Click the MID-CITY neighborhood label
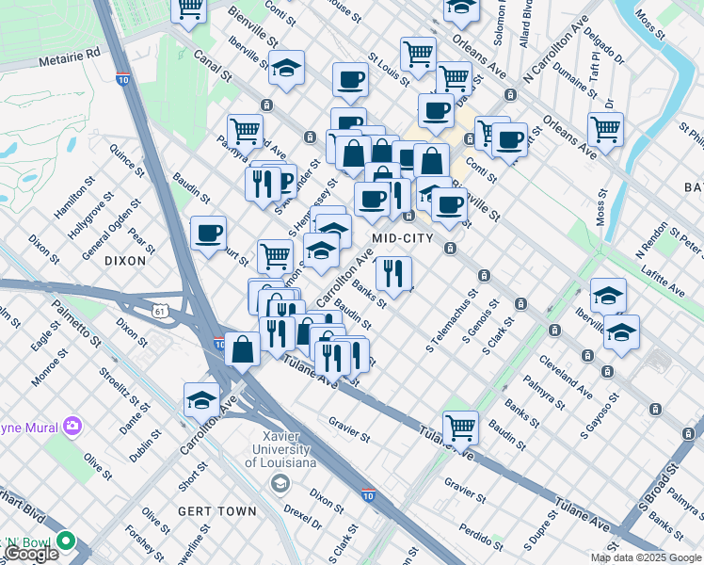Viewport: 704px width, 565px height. pos(402,238)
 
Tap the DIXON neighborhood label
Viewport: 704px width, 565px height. pos(125,260)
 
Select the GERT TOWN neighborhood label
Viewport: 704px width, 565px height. pos(217,511)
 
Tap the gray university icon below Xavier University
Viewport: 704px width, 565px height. pos(280,484)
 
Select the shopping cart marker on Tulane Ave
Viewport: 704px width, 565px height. pos(460,427)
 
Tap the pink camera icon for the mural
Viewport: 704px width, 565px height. pos(72,428)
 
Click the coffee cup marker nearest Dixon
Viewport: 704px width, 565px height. pos(208,233)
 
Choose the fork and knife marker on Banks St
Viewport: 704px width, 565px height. pos(393,274)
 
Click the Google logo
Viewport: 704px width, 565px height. pos(31,554)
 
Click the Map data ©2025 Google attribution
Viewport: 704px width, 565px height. pos(646,557)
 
